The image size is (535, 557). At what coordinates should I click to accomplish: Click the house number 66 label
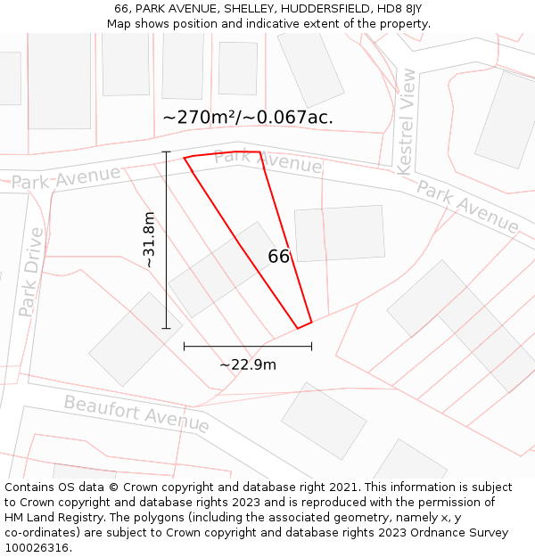tap(278, 257)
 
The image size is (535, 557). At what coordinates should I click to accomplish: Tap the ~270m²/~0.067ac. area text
tap(248, 117)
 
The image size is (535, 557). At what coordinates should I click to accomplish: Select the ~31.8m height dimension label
tap(149, 240)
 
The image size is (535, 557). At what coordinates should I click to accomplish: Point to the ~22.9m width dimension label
tap(248, 364)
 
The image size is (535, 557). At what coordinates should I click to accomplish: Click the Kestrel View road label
tap(406, 121)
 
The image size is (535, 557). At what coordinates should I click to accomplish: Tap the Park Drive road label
tap(30, 272)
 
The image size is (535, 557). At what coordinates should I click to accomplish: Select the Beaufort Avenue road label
tap(136, 414)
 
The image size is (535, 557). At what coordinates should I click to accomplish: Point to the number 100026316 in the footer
tap(37, 547)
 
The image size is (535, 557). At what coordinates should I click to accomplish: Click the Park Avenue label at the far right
tap(467, 207)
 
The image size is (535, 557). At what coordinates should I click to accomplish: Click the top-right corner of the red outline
tap(259, 152)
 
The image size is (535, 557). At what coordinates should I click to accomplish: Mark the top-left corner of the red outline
tap(185, 159)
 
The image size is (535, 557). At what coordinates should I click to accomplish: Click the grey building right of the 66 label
tap(339, 233)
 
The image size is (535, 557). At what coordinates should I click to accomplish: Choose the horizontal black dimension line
tap(247, 346)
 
